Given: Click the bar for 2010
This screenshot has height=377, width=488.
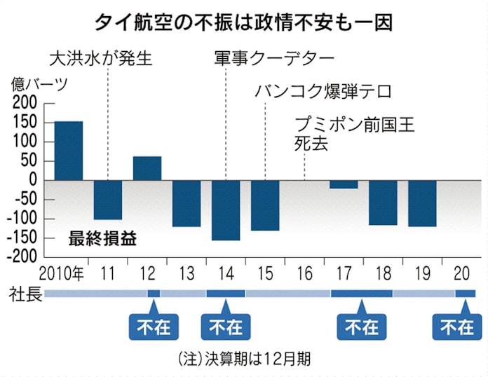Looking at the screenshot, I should click(69, 151).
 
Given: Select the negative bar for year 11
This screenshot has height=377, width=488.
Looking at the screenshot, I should click(108, 200).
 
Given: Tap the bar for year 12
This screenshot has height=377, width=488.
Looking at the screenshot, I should click(147, 168).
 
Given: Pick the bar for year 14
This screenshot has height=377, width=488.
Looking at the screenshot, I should click(226, 210).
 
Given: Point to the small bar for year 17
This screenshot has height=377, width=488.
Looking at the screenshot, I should click(344, 184).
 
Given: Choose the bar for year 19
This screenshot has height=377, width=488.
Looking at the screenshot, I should click(422, 203).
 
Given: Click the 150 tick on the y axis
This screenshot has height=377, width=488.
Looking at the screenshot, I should click(26, 123).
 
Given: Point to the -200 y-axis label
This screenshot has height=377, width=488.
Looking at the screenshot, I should click(23, 256).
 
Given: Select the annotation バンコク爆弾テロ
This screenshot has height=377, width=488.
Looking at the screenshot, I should click(323, 91).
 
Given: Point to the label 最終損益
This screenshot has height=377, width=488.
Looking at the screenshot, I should click(102, 238).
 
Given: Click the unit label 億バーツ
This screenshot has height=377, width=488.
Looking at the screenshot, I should click(40, 85).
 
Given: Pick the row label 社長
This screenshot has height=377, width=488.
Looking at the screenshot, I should click(24, 293).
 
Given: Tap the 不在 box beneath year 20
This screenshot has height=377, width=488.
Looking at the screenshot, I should click(456, 327).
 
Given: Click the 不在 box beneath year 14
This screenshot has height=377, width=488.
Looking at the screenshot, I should click(226, 327).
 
